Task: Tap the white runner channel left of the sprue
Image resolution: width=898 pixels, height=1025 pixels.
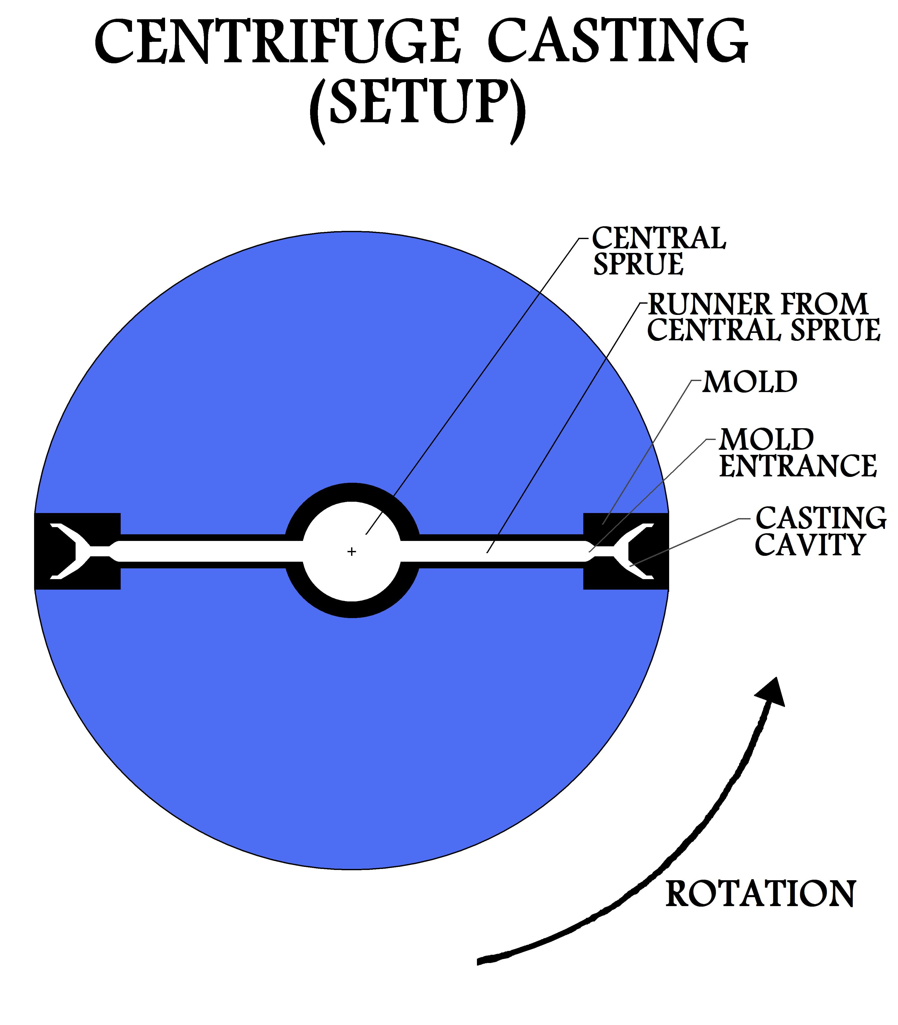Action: coord(200,551)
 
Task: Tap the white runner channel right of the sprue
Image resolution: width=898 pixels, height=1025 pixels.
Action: coord(501,551)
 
